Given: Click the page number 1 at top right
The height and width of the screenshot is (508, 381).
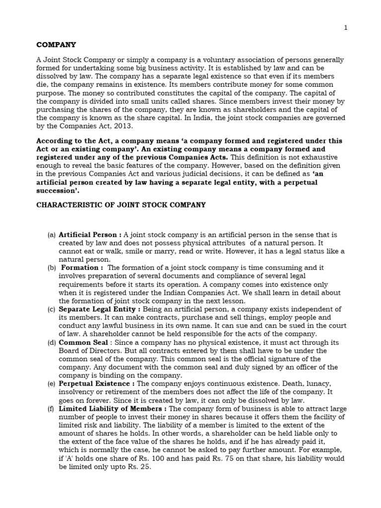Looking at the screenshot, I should pyautogui.click(x=346, y=28).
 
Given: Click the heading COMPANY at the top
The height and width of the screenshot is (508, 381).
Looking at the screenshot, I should pyautogui.click(x=57, y=45).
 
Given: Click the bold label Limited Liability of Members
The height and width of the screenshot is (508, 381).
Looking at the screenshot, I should pyautogui.click(x=112, y=409).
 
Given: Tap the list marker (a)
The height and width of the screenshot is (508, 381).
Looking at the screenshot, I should pyautogui.click(x=52, y=235).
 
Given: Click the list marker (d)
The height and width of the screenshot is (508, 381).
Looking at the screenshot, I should pyautogui.click(x=52, y=342).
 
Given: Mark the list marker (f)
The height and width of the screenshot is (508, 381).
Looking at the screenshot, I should pyautogui.click(x=52, y=409).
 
